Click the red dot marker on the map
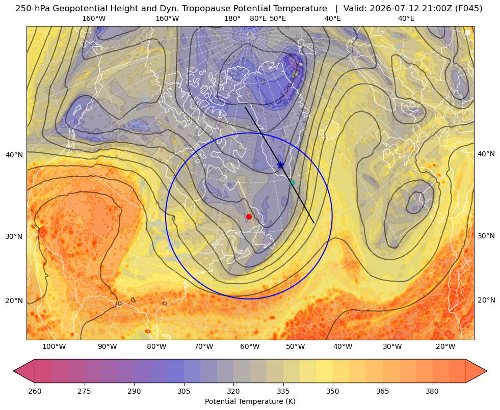[x=249, y=216]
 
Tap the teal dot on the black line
[x=292, y=183]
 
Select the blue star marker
[x=281, y=165]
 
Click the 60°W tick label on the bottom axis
[x=249, y=347]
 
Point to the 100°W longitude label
[x=54, y=347]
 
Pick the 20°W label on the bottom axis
[x=445, y=347]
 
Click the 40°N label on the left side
[x=14, y=155]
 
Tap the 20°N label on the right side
[x=486, y=300]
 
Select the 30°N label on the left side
[x=14, y=237]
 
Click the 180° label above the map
[x=232, y=18]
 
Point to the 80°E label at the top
[x=258, y=18]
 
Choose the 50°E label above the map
[x=278, y=18]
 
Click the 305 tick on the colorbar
[x=184, y=391]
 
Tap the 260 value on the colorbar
[x=35, y=391]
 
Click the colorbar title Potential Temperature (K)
[x=250, y=401]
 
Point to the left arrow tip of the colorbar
[x=13, y=371]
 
